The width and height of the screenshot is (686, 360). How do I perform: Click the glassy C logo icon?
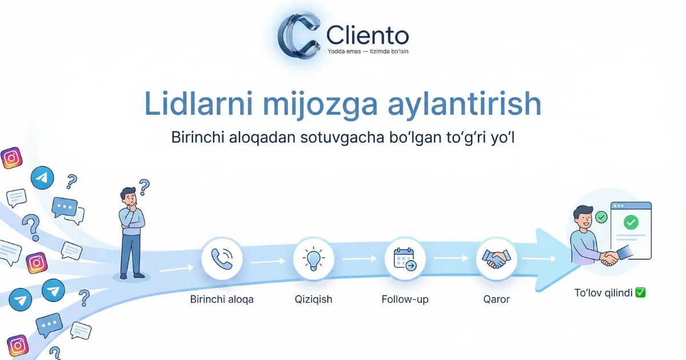click(x=298, y=36)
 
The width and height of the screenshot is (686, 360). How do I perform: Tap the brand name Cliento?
click(x=368, y=35)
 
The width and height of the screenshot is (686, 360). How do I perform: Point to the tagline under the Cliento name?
click(x=368, y=51)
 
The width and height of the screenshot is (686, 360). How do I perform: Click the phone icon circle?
click(x=222, y=259)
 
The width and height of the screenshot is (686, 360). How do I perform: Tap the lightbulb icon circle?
click(x=313, y=259)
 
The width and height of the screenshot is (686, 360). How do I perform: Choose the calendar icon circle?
click(x=405, y=259)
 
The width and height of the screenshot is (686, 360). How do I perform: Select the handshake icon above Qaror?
click(x=496, y=259)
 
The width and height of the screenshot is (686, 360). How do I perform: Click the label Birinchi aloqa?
click(x=222, y=299)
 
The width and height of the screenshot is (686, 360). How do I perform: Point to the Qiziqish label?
click(x=313, y=299)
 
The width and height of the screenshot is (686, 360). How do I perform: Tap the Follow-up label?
click(x=405, y=299)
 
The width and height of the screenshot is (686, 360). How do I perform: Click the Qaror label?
click(x=496, y=299)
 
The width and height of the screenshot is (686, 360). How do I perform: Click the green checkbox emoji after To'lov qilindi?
click(x=640, y=293)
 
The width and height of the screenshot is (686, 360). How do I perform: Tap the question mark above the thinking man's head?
click(x=144, y=186)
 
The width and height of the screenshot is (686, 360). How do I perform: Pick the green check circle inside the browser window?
click(x=631, y=222)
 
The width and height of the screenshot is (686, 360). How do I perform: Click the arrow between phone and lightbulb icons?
click(x=268, y=262)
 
